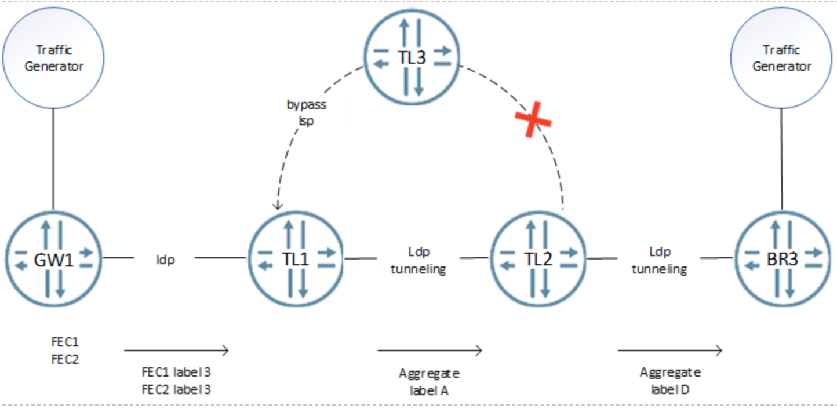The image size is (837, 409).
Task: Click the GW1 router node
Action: click(53, 259)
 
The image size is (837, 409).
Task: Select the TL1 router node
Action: click(296, 259)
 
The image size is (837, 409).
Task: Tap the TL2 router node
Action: click(538, 259)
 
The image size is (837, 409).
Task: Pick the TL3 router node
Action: click(412, 57)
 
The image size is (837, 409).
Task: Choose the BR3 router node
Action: click(783, 259)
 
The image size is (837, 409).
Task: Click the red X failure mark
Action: click(533, 119)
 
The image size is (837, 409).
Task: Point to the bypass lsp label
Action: click(307, 112)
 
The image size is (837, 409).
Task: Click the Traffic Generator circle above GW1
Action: click(53, 58)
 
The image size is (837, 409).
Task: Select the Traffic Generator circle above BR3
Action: click(781, 58)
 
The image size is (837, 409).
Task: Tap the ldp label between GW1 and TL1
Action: click(165, 260)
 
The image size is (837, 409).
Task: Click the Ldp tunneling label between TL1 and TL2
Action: click(418, 260)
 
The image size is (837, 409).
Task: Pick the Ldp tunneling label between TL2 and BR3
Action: click(660, 260)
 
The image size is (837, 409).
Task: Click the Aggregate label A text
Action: click(430, 382)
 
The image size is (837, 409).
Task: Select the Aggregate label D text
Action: click(670, 381)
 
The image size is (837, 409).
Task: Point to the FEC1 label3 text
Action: click(176, 372)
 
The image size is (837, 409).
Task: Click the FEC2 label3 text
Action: click(176, 389)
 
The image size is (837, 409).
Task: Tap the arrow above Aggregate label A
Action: click(430, 350)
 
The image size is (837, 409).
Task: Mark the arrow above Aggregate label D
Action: click(670, 350)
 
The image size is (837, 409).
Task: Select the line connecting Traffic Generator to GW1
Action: click(53, 159)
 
